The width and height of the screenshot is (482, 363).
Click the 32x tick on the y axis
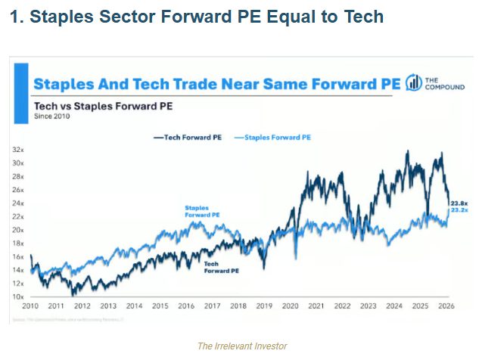click(18, 150)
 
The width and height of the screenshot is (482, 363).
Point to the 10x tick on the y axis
click(18, 297)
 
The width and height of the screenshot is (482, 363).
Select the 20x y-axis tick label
click(18, 230)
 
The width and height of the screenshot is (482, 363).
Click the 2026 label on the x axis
click(446, 306)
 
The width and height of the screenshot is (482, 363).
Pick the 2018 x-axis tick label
click(238, 306)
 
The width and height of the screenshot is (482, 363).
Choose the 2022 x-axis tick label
click(342, 306)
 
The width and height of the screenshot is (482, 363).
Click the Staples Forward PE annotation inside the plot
click(202, 211)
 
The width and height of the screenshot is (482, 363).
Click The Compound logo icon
click(414, 83)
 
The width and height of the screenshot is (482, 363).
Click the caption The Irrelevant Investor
click(241, 346)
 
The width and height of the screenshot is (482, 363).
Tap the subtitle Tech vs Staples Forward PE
click(102, 106)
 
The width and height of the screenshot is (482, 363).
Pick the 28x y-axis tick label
click(18, 176)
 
